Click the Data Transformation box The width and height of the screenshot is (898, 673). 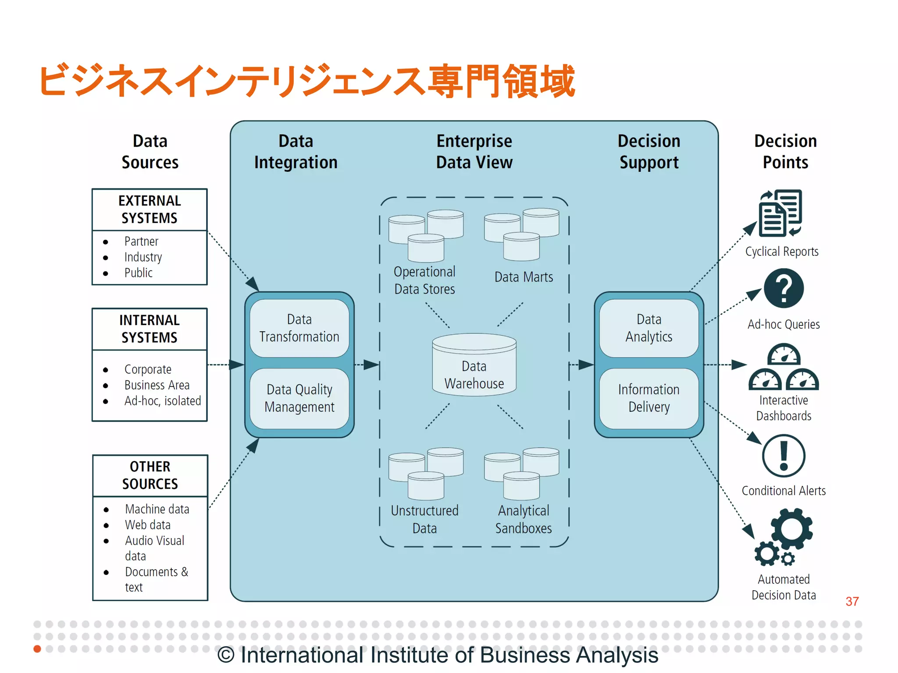click(299, 328)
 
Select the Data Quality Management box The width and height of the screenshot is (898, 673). click(299, 398)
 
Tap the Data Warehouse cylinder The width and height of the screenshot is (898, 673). click(474, 366)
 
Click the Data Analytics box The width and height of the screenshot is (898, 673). click(649, 328)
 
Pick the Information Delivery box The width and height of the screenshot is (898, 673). click(649, 398)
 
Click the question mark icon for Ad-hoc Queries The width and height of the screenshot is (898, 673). click(784, 288)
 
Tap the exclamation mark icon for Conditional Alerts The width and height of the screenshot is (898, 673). click(784, 456)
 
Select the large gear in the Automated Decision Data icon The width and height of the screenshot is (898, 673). click(791, 529)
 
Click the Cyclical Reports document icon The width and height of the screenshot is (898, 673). click(780, 213)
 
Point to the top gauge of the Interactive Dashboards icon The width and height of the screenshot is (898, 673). click(784, 355)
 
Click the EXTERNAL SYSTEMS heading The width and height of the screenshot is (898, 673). click(150, 209)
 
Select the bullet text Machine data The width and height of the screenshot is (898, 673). click(157, 509)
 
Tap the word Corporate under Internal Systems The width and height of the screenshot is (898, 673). click(148, 369)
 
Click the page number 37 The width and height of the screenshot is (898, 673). click(852, 601)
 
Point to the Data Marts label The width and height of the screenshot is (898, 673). click(524, 277)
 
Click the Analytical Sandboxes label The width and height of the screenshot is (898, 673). click(524, 519)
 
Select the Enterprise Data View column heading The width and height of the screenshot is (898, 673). click(474, 152)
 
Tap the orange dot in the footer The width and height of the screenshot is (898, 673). click(37, 648)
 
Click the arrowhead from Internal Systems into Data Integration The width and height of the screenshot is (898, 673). click(237, 365)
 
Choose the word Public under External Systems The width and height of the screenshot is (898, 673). click(138, 273)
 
